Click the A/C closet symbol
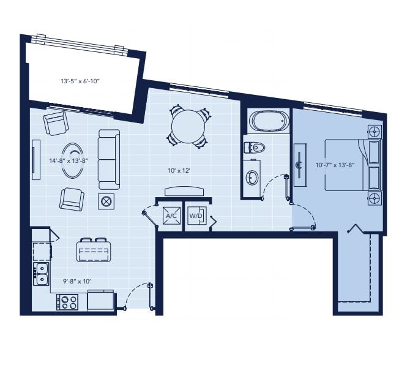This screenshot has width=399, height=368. [x=171, y=216]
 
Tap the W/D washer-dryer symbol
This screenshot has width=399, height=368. [x=197, y=216]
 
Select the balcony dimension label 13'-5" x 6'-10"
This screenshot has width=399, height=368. [x=80, y=81]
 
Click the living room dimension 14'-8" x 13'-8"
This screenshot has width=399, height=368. [x=69, y=160]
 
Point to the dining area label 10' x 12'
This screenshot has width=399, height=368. [x=179, y=170]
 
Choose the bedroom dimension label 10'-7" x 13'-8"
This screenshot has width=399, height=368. [x=335, y=165]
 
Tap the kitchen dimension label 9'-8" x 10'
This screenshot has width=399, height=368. [x=77, y=282]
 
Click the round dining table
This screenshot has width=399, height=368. [x=188, y=126]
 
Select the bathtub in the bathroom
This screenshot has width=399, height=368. [x=269, y=121]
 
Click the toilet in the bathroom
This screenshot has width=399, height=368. [x=255, y=148]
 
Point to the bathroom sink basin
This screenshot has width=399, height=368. [x=252, y=177]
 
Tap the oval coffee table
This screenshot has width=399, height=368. [x=73, y=160]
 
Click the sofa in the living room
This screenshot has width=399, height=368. [x=109, y=159]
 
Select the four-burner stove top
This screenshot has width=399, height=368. [x=67, y=302]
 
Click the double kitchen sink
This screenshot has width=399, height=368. [x=42, y=274]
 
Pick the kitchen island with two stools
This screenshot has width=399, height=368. [x=94, y=250]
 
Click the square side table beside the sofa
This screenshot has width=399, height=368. [x=106, y=201]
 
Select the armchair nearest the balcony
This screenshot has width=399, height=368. [x=56, y=123]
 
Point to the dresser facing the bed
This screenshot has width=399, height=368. [x=300, y=165]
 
